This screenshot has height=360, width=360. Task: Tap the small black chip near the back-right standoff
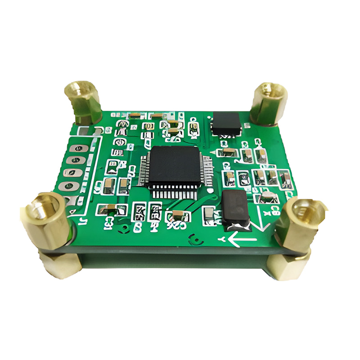(227, 122)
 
